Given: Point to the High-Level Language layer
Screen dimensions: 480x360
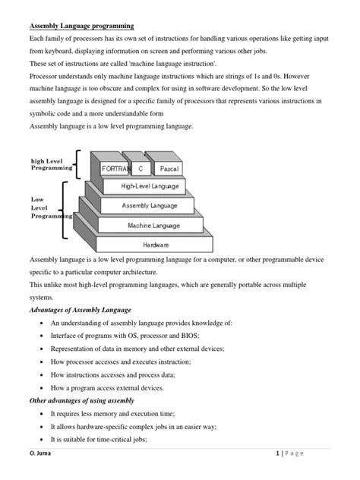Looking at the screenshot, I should coord(150,186).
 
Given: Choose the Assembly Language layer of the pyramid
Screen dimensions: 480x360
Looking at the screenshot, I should coord(150,206).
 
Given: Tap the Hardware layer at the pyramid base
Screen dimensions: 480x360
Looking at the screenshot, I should coord(155,245).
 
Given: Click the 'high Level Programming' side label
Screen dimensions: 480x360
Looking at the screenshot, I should coord(52,164).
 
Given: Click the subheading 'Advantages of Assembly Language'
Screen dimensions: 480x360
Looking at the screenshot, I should coord(81,309).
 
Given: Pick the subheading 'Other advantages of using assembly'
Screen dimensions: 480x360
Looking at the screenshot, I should coord(82,400).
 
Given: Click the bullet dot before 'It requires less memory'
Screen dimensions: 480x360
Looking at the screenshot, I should coord(39,414).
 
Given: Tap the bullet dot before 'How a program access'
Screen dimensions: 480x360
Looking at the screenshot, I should coord(39,387).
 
